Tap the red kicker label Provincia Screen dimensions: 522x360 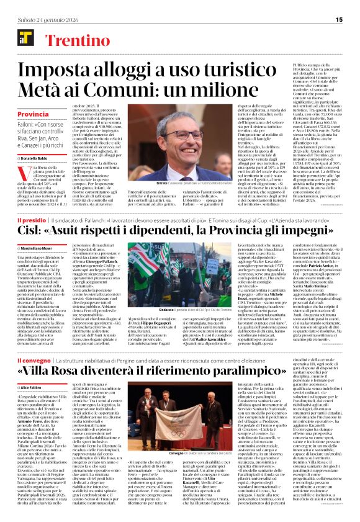point(34,115)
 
